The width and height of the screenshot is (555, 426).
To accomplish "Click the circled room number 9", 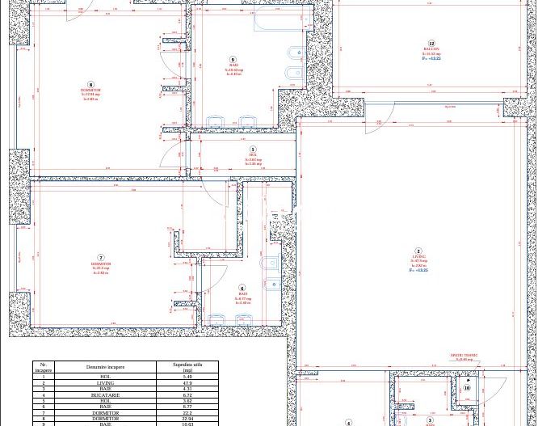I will (x=233, y=60).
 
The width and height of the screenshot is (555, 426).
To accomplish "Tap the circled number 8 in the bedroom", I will (x=90, y=85).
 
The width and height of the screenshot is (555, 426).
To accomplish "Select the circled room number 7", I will (x=101, y=258).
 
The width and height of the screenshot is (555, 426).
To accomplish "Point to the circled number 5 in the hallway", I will (x=253, y=150).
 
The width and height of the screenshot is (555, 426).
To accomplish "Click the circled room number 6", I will (x=242, y=289).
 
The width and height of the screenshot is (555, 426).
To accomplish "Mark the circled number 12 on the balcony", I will (x=431, y=44).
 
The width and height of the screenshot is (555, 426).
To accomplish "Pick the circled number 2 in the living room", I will (x=418, y=252).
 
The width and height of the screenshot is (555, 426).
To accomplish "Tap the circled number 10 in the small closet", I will (x=467, y=388).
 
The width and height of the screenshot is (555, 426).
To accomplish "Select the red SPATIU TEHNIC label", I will (x=464, y=355).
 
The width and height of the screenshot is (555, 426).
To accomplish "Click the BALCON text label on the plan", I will (x=431, y=49).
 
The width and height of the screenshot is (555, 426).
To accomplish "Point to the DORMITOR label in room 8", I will (x=90, y=90).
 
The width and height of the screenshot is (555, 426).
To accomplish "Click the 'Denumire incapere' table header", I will (x=105, y=367).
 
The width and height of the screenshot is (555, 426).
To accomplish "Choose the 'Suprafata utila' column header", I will (x=187, y=367).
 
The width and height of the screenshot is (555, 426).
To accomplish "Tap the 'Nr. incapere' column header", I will (x=44, y=367).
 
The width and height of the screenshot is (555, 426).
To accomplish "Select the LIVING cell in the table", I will (x=105, y=383).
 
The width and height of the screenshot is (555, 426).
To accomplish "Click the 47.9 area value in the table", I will (x=187, y=383).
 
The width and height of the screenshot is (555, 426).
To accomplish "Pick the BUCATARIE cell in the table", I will (x=105, y=395).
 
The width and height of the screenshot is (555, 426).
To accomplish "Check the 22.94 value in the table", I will (x=187, y=419).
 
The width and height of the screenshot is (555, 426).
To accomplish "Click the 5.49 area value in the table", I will (x=187, y=377).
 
